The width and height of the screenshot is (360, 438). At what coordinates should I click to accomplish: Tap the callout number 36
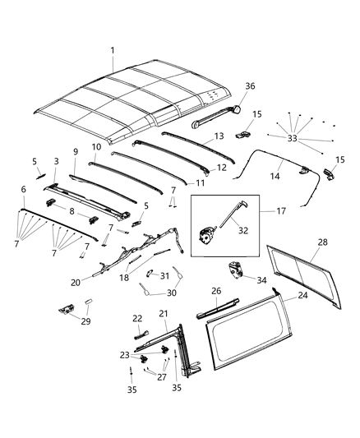click(251, 85)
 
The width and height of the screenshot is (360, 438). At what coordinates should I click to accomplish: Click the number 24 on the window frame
click(303, 295)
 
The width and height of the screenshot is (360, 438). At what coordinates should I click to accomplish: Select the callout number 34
click(262, 280)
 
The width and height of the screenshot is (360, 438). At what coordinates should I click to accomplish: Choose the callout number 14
click(275, 175)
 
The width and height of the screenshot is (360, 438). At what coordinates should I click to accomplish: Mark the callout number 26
click(216, 290)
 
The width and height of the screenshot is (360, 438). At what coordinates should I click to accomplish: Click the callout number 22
click(136, 318)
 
